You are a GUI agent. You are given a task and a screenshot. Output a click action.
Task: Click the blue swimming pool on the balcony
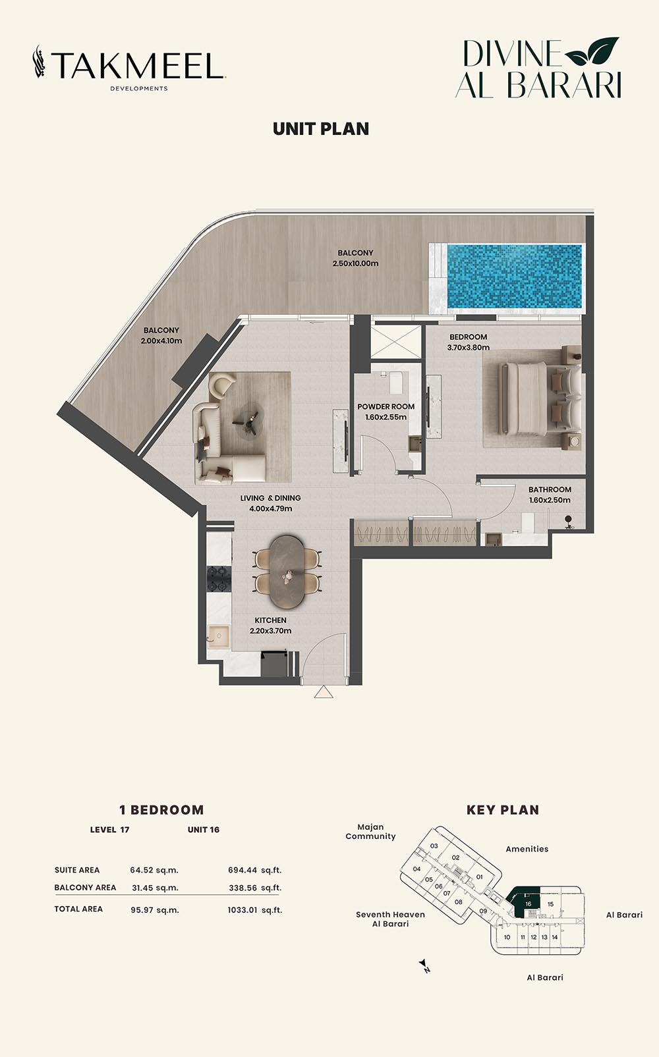coord(513,277)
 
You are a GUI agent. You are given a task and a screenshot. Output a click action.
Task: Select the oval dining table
coord(287,572)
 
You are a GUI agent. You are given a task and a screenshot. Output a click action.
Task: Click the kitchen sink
coord(219,637)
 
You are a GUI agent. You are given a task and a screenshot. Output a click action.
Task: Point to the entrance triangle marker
coord(324,691)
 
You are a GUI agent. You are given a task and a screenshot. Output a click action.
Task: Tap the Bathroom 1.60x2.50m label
coord(550,495)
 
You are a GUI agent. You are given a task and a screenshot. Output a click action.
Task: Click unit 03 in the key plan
coord(434,846)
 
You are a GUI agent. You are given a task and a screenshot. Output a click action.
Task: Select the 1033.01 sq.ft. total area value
coord(255,909)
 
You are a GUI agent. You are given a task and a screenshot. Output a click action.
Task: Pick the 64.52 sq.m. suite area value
coord(154,870)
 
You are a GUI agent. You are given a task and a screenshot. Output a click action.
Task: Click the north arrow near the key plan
coord(424,965)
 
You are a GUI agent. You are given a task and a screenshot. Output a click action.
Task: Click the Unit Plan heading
coord(321,129)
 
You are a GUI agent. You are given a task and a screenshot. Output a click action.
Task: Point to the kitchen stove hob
coord(219,578)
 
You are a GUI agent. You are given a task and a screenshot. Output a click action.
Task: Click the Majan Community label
coord(370,832)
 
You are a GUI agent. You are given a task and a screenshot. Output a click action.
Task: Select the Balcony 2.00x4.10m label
coord(161,335)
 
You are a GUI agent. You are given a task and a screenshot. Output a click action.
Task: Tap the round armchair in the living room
coord(221,385)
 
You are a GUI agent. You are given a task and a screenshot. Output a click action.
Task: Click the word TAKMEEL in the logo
coord(137,66)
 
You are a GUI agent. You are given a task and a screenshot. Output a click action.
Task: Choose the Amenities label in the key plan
coord(527,849)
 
